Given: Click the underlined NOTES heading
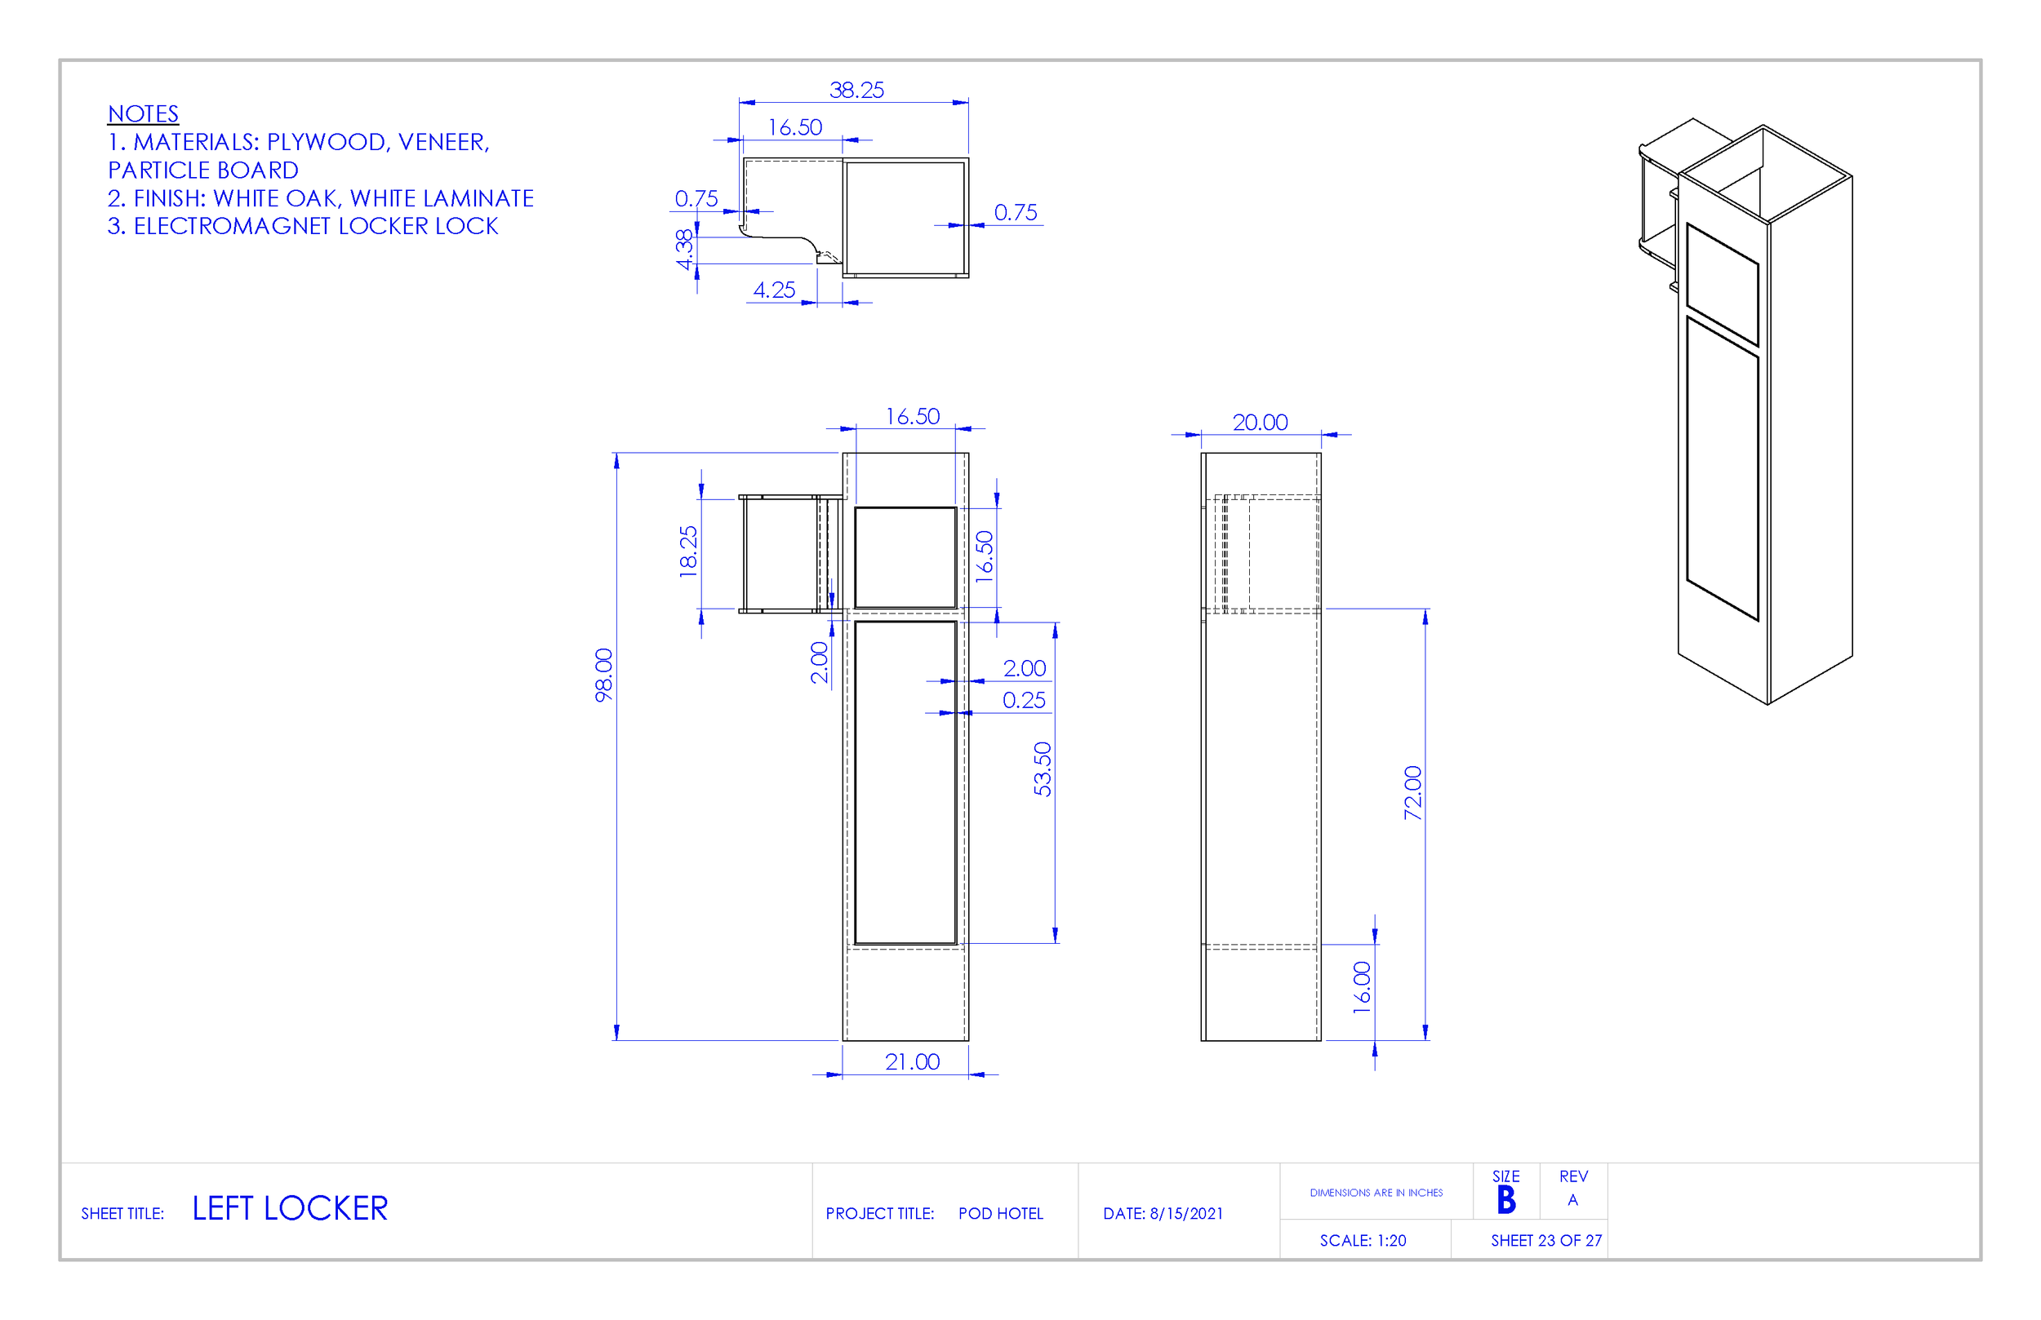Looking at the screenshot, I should click(x=143, y=114).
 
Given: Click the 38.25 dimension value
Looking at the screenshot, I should click(x=856, y=90).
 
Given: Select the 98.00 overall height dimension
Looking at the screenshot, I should click(x=605, y=675).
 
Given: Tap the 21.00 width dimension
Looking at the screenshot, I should click(x=912, y=1062).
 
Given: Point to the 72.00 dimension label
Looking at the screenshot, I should click(x=1412, y=793).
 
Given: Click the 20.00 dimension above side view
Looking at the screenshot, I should click(x=1260, y=423).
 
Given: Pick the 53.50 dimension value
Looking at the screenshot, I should click(x=1042, y=769).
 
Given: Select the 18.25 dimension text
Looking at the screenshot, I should click(x=688, y=551).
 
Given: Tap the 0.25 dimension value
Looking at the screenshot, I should click(x=1024, y=700).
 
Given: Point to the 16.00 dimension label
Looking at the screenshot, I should click(x=1362, y=987).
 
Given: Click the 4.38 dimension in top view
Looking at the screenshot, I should click(x=684, y=250).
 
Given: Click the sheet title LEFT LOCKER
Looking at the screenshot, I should click(x=290, y=1208).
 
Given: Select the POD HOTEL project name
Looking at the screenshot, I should click(x=1000, y=1214).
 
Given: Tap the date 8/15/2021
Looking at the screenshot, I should click(x=1186, y=1214).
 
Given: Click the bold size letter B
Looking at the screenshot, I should click(x=1506, y=1200).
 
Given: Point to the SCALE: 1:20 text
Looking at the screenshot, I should click(x=1363, y=1240).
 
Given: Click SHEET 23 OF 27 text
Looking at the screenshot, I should click(x=1545, y=1240).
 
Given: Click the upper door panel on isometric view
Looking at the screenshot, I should click(x=1722, y=285).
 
